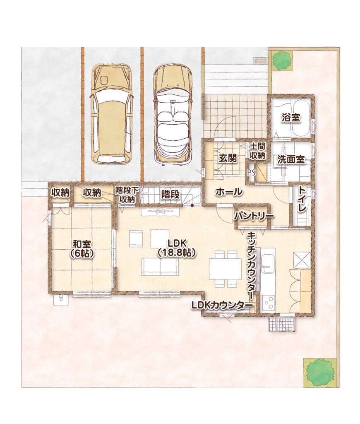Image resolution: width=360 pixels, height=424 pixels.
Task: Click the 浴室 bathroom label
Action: [x=290, y=118]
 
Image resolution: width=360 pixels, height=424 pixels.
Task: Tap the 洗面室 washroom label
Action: [x=291, y=159]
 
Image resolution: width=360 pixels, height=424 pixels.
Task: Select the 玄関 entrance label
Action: [x=228, y=158]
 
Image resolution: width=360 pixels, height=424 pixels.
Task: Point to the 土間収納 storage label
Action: [x=257, y=151]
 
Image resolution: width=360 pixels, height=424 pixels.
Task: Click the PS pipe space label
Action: [x=251, y=173]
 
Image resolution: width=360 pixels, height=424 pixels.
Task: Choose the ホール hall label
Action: [x=229, y=192]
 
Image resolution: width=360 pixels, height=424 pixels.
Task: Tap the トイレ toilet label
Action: [x=302, y=200]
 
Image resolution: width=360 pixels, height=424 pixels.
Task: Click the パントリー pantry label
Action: [x=254, y=216]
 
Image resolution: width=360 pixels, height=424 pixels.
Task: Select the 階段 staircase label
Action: [x=170, y=195]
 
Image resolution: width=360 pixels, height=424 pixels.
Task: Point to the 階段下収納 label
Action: [x=127, y=195]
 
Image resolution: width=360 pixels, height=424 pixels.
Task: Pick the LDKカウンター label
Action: [x=222, y=305]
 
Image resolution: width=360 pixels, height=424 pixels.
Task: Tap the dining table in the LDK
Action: [x=225, y=269]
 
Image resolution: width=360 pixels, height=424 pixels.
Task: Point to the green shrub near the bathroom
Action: [x=282, y=59]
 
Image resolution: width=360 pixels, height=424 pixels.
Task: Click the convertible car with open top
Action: [x=173, y=116]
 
